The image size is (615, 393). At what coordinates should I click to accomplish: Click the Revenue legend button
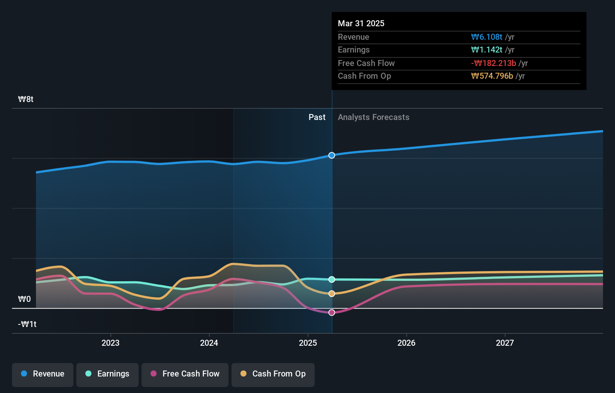pos(43,374)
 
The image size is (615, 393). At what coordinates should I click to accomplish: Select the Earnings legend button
pos(107,374)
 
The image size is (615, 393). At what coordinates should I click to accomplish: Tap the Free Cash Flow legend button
pos(185,374)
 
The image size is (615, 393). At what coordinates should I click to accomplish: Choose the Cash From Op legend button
pos(273,374)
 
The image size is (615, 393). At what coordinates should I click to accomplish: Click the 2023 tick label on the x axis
pos(110,343)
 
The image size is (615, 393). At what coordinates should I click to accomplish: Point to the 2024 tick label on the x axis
pos(209,343)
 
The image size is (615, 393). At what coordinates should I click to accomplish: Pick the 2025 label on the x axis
pos(308,343)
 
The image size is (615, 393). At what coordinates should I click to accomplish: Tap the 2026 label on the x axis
pos(406,343)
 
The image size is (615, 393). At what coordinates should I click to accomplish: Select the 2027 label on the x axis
pos(505,343)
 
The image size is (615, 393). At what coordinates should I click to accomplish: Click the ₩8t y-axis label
pos(26,99)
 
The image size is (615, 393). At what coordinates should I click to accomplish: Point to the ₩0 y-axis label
pos(25,299)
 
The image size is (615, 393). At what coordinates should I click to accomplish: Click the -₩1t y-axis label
pos(27,324)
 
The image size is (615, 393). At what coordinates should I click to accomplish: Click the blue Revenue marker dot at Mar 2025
pos(332,155)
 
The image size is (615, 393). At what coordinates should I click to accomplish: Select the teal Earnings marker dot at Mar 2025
pos(332,279)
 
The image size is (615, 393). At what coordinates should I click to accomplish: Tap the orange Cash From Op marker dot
pos(332,294)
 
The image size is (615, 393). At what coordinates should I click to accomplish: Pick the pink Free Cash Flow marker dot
pos(332,312)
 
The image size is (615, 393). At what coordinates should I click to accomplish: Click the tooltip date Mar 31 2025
pos(361,23)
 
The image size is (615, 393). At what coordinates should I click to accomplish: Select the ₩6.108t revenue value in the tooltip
pos(487,37)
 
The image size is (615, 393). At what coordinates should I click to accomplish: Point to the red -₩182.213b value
pos(493,63)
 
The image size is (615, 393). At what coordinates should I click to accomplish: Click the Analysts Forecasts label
pos(373,117)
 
